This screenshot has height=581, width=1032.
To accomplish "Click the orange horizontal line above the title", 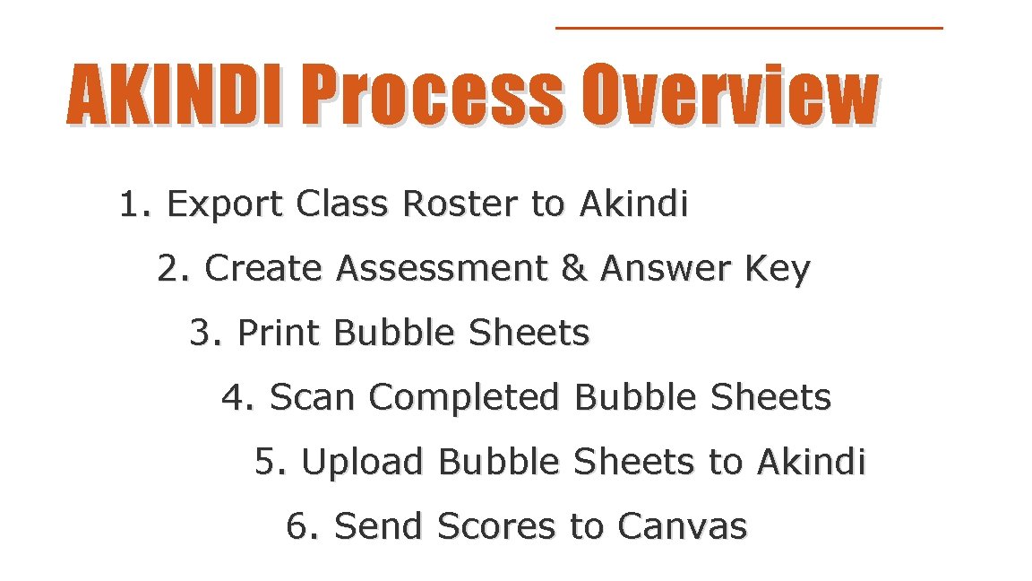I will click(x=749, y=28).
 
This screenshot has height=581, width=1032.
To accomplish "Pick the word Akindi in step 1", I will click(x=634, y=204).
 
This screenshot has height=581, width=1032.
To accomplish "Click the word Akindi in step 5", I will click(x=812, y=462).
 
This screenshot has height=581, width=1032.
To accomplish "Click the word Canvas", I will click(x=682, y=526).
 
